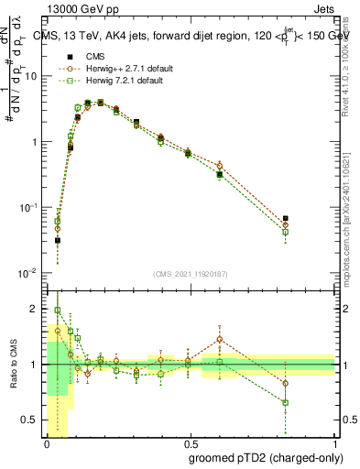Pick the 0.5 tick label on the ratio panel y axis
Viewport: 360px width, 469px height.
coord(33,420)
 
